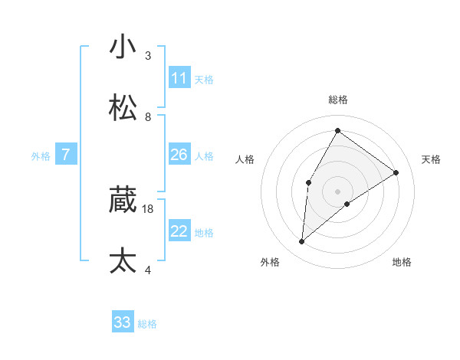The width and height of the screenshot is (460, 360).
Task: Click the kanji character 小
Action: tap(123, 47)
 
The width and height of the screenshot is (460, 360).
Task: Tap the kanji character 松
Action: tap(123, 108)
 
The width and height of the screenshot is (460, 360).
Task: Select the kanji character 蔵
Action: tap(123, 200)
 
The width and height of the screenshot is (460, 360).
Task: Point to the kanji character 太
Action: tap(123, 261)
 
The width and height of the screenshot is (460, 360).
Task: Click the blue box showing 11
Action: tap(179, 78)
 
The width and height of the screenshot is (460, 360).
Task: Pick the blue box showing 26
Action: tap(179, 155)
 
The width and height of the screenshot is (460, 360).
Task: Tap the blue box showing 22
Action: tap(179, 231)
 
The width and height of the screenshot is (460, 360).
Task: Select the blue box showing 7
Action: tap(66, 155)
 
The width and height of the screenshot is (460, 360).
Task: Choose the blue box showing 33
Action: tap(123, 322)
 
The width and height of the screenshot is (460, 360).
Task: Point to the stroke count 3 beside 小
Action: tap(148, 55)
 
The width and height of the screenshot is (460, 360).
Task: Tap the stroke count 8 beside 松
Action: tap(148, 116)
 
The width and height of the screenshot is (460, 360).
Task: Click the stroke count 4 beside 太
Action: tap(148, 270)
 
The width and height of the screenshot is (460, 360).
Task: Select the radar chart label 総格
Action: tap(338, 100)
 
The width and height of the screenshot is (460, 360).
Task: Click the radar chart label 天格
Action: tap(431, 159)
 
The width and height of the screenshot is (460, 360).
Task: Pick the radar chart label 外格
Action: tap(269, 262)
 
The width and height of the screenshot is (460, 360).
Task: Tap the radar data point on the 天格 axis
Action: tap(396, 172)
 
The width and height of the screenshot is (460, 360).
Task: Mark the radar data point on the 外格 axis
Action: tap(302, 242)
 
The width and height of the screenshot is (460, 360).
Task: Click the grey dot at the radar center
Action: tap(338, 191)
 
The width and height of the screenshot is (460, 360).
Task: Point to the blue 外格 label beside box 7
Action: tap(41, 155)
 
